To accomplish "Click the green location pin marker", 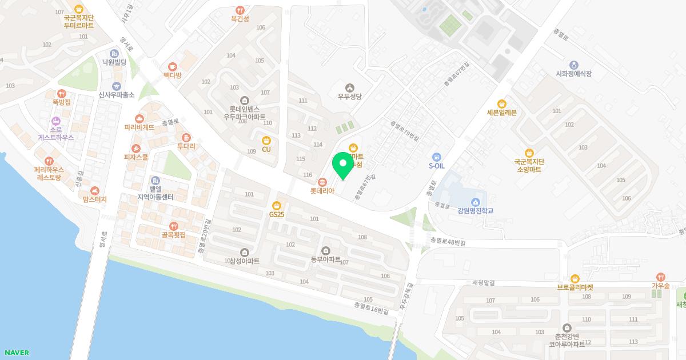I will point(343,165).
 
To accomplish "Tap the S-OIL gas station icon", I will point(437,157).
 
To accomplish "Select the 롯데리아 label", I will point(322,191).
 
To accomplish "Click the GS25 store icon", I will point(277,206).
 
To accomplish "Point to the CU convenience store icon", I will point(266,141).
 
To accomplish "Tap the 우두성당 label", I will point(349,97).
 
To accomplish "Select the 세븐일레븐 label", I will point(501,113).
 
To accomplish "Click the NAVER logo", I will point(16,353).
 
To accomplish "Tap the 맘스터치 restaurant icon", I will point(95,190).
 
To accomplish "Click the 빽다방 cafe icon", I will point(172,66).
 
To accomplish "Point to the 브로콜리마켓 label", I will point(575,287).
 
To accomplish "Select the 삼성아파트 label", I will point(245,261).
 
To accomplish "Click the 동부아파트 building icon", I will point(326,251).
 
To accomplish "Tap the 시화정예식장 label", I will point(573,74).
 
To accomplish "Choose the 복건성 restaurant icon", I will point(240,10).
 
